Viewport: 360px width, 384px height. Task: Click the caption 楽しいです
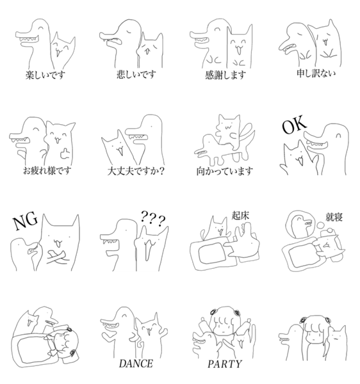45,75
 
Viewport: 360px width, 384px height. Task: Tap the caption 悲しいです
136,74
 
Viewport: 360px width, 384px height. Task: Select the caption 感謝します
225,75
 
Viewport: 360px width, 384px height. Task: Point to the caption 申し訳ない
316,73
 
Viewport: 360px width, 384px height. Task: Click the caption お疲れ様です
47,170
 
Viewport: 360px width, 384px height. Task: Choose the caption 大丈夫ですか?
136,171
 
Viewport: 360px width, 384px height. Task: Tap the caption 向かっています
224,171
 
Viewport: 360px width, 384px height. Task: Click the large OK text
294,125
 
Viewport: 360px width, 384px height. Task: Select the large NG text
26,221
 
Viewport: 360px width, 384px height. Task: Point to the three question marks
153,219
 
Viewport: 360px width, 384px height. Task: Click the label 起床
240,216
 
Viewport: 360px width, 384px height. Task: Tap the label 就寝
334,217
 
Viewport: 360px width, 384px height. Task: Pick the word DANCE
136,364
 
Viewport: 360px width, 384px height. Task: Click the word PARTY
225,364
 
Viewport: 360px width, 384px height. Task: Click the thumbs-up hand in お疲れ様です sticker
65,154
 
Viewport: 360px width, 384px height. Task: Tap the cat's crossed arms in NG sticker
58,257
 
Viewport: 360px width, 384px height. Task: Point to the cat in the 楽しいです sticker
63,50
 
